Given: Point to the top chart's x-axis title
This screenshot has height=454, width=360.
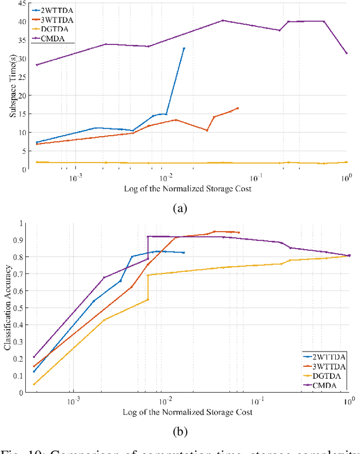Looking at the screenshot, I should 187,188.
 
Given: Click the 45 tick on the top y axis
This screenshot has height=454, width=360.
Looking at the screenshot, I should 21,3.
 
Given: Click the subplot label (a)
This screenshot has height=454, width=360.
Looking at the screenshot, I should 179,209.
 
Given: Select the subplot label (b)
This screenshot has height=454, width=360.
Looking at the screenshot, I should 179,432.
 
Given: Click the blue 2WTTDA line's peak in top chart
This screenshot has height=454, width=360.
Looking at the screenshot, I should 184,48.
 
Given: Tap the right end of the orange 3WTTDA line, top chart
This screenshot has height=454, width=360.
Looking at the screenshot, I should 238,108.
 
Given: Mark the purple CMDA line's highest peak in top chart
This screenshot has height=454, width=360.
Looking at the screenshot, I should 223,20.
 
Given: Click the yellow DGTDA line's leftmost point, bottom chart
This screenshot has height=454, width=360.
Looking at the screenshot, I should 34,384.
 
